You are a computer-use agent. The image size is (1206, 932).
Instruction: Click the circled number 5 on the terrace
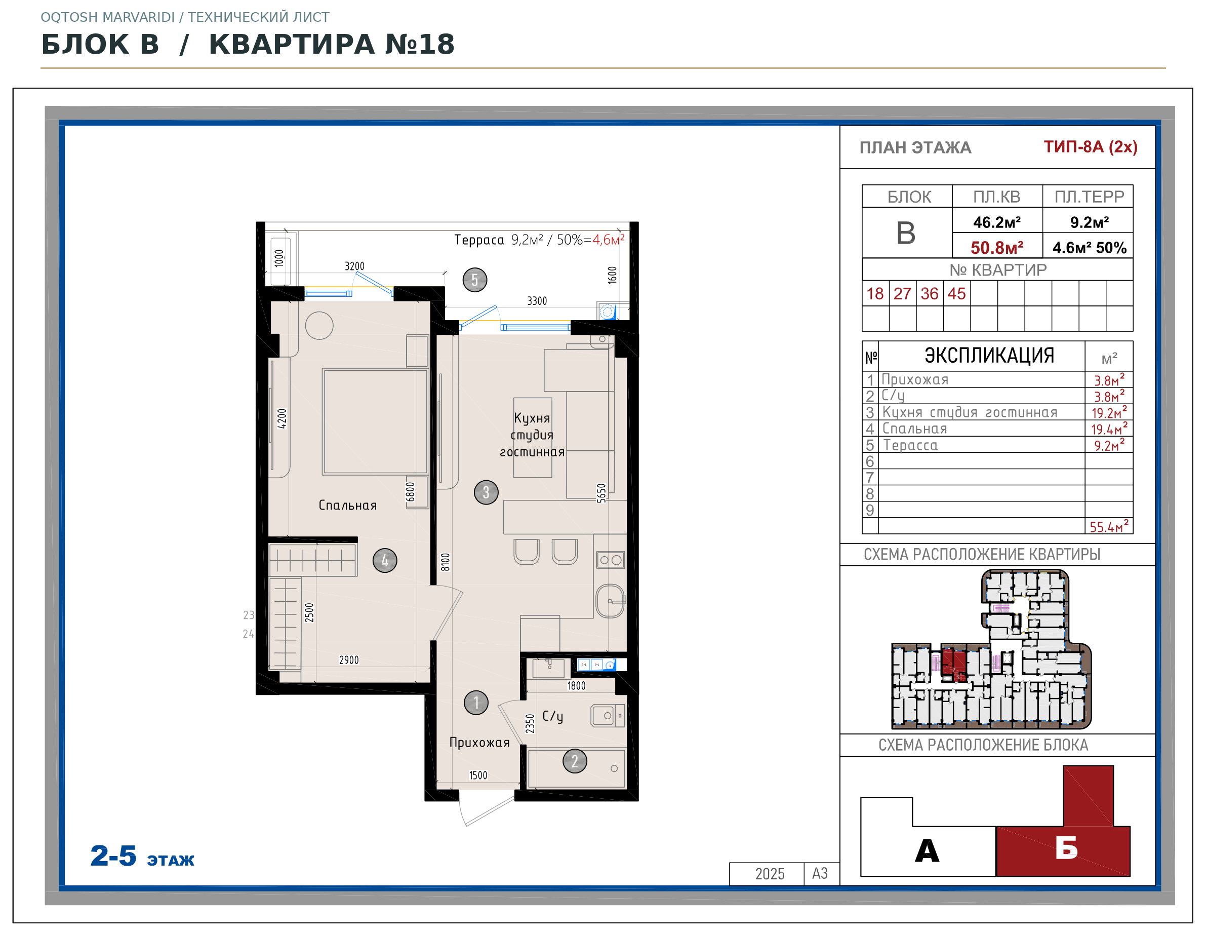pyautogui.click(x=474, y=280)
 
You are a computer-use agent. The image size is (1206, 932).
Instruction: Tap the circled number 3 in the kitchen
pyautogui.click(x=486, y=492)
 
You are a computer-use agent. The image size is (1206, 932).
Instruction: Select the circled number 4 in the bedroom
pyautogui.click(x=385, y=561)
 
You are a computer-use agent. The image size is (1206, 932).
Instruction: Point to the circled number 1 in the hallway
pyautogui.click(x=476, y=703)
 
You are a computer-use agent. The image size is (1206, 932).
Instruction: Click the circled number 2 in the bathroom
pyautogui.click(x=575, y=761)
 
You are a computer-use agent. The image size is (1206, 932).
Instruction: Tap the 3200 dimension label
pyautogui.click(x=354, y=266)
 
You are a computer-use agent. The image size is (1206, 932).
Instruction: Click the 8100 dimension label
pyautogui.click(x=446, y=562)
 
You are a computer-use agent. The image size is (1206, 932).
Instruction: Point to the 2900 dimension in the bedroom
pyautogui.click(x=349, y=660)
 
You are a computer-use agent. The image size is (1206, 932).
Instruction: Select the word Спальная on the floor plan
pyautogui.click(x=348, y=506)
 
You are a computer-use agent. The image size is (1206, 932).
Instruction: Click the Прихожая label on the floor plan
pyautogui.click(x=479, y=743)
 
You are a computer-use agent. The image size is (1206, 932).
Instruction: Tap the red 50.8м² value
pyautogui.click(x=997, y=248)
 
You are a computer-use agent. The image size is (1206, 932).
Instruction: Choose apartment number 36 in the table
pyautogui.click(x=930, y=293)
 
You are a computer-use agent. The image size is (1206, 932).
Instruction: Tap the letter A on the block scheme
pyautogui.click(x=927, y=851)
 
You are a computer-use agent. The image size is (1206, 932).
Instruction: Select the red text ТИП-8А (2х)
pyautogui.click(x=1091, y=147)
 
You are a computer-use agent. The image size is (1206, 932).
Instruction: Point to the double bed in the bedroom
pyautogui.click(x=375, y=422)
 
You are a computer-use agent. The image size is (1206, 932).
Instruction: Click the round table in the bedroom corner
pyautogui.click(x=319, y=325)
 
